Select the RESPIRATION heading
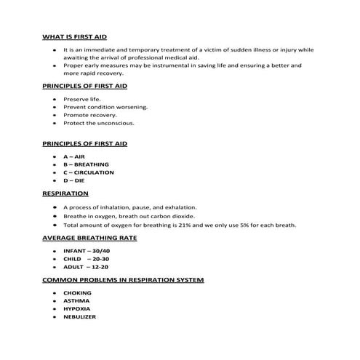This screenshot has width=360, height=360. point(65,194)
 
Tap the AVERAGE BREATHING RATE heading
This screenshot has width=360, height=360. point(90,238)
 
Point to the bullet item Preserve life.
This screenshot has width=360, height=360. point(84,98)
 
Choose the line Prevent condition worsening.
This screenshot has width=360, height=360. point(105,107)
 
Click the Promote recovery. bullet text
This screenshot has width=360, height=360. point(91,115)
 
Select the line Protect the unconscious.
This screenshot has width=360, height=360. point(99,123)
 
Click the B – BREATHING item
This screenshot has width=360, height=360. point(86,164)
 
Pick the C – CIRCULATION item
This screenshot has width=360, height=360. point(89,172)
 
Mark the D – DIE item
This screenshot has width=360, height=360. point(74,180)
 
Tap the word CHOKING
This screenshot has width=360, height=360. point(78,293)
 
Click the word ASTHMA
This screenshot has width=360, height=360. point(77,300)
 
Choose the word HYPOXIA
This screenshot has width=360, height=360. point(78,308)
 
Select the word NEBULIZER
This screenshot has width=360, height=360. point(80,316)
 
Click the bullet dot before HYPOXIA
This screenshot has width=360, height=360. point(55,308)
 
